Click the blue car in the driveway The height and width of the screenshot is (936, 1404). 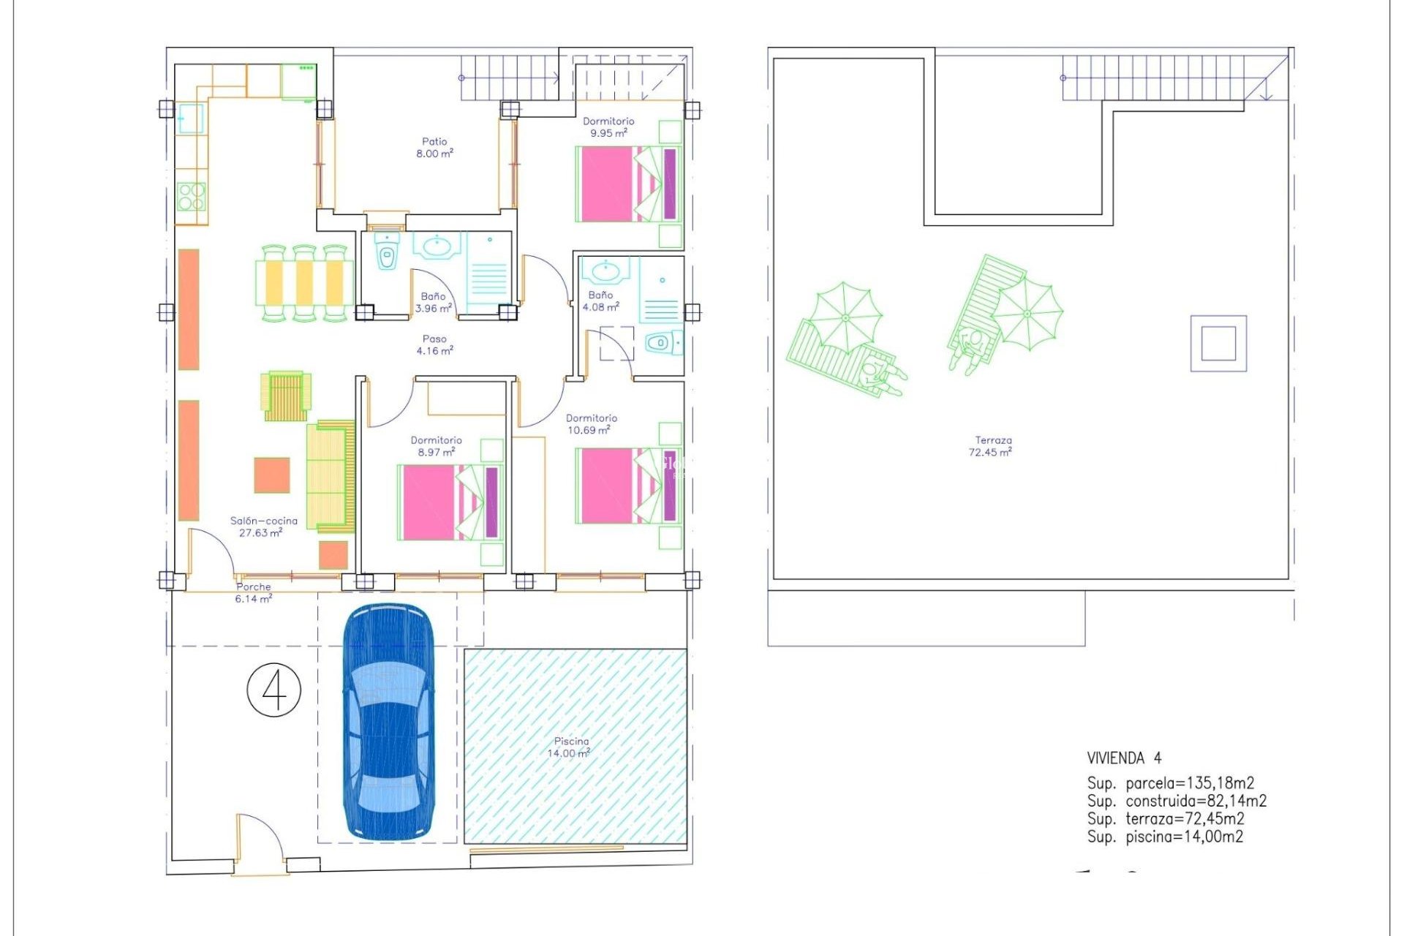[388, 720]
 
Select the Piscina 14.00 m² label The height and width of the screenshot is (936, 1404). [570, 747]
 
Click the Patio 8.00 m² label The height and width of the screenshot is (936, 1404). [434, 148]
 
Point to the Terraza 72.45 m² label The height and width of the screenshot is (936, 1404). [992, 446]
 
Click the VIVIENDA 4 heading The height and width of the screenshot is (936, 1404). [1124, 758]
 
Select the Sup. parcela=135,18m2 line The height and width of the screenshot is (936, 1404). [1170, 783]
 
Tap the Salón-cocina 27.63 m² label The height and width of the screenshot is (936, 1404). [263, 526]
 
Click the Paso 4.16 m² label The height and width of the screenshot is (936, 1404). [434, 345]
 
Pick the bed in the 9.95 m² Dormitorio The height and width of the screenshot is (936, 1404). [629, 184]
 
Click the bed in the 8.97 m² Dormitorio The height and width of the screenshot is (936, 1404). [450, 502]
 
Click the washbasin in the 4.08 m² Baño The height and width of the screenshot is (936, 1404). [605, 271]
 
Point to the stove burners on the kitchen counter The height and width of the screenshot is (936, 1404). [192, 196]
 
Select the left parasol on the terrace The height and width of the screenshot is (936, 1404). [846, 317]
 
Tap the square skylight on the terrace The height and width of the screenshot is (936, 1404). [1218, 343]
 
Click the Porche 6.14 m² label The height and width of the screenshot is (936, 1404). [254, 592]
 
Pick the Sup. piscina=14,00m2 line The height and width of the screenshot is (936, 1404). [1165, 837]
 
